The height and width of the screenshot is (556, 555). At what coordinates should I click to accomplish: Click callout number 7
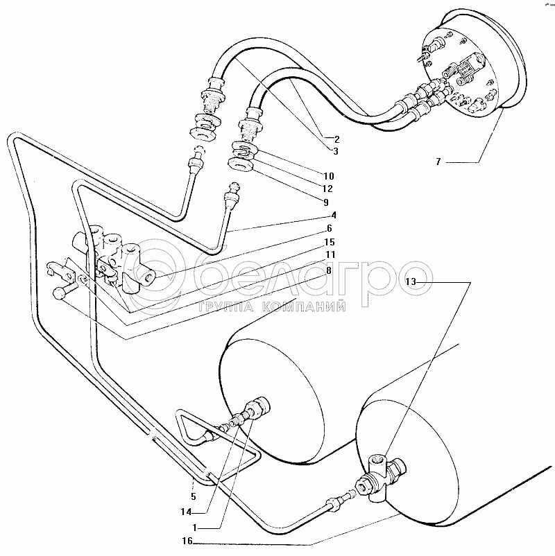(x=438, y=162)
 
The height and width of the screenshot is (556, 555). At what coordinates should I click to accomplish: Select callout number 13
(x=412, y=281)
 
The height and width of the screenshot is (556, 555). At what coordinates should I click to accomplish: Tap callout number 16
(x=187, y=541)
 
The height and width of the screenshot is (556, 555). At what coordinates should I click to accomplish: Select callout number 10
(x=328, y=175)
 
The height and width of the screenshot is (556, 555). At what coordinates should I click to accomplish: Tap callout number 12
(x=328, y=189)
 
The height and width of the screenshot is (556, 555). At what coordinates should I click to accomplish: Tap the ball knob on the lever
(x=60, y=295)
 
